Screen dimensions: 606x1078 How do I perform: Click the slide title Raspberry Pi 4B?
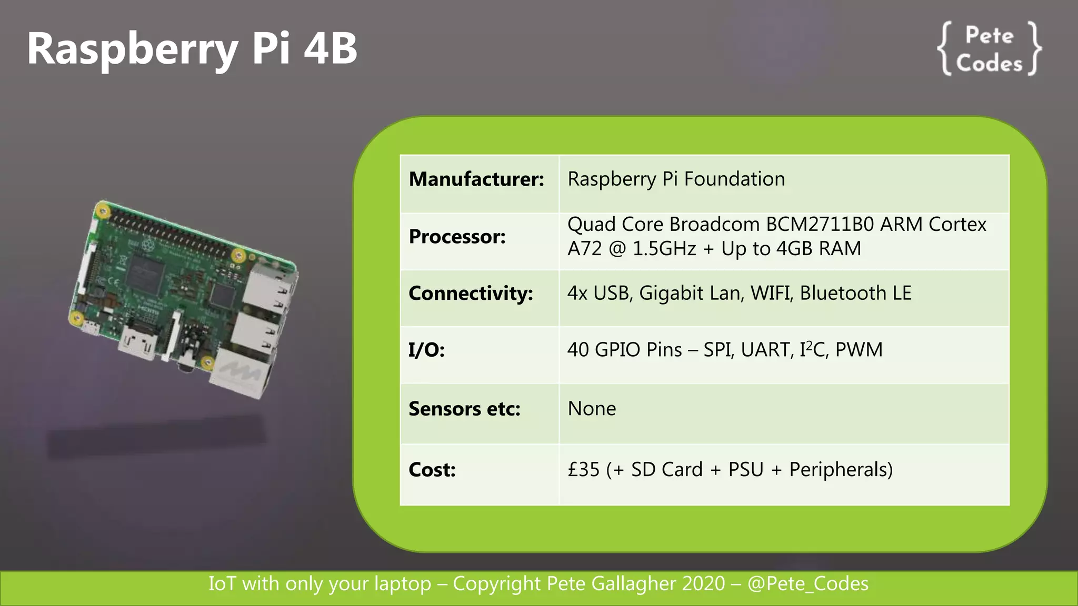click(192, 48)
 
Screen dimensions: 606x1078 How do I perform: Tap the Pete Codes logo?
click(989, 49)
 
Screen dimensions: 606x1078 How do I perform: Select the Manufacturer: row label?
click(476, 179)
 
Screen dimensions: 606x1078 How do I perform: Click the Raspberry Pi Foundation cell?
click(676, 179)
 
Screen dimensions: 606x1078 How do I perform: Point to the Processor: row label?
click(457, 237)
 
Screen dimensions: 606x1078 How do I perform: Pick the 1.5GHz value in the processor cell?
click(664, 249)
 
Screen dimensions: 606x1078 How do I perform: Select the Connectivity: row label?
click(471, 294)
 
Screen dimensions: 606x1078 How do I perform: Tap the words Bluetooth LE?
click(855, 294)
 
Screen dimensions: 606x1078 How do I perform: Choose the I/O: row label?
click(426, 350)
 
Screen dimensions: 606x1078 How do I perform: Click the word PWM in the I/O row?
click(859, 350)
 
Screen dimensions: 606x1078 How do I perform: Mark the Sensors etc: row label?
click(464, 409)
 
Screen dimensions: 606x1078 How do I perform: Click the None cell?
click(592, 409)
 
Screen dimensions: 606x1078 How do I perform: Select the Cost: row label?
click(432, 470)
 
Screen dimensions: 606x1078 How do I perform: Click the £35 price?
click(583, 470)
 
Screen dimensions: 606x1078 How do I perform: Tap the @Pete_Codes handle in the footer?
click(808, 584)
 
